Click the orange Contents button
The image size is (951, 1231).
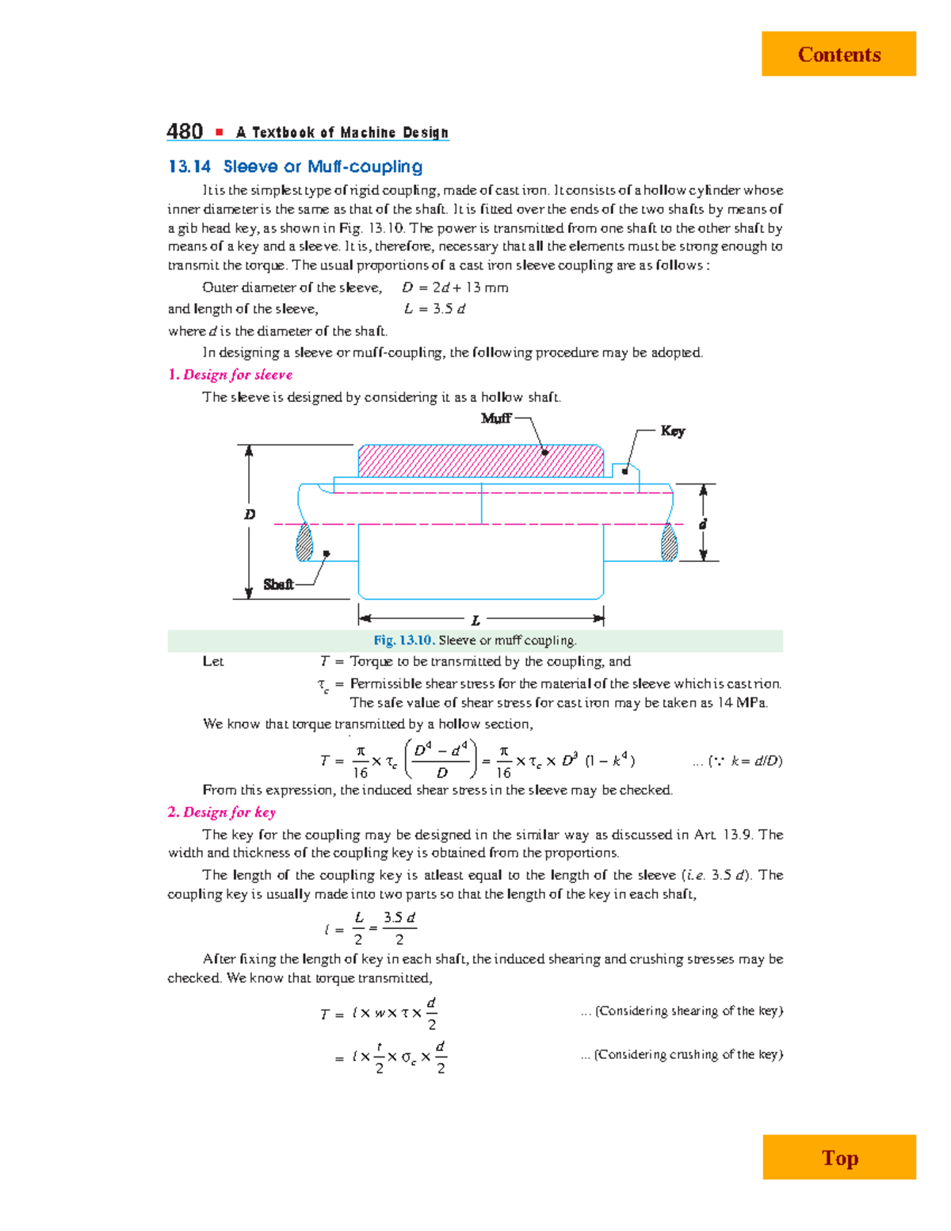pos(838,54)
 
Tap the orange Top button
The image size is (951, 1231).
pos(839,1158)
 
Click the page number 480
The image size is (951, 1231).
pos(185,132)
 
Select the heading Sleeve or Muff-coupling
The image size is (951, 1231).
pos(322,166)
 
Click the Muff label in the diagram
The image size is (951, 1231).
pos(496,418)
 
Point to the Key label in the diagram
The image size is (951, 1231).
pos(672,430)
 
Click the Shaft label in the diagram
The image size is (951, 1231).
pos(278,584)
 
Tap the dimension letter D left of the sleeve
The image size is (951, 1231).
pos(250,514)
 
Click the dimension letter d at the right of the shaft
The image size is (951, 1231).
pos(702,524)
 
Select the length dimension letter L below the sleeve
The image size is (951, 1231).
pos(475,621)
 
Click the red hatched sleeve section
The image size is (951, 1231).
pos(480,461)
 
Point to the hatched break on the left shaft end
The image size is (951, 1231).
pos(304,542)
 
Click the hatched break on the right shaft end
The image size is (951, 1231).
pos(670,542)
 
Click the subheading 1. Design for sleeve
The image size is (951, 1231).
pos(230,374)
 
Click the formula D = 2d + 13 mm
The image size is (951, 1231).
pos(455,287)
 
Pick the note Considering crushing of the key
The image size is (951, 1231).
pos(688,1054)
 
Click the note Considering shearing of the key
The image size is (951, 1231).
pos(688,1011)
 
